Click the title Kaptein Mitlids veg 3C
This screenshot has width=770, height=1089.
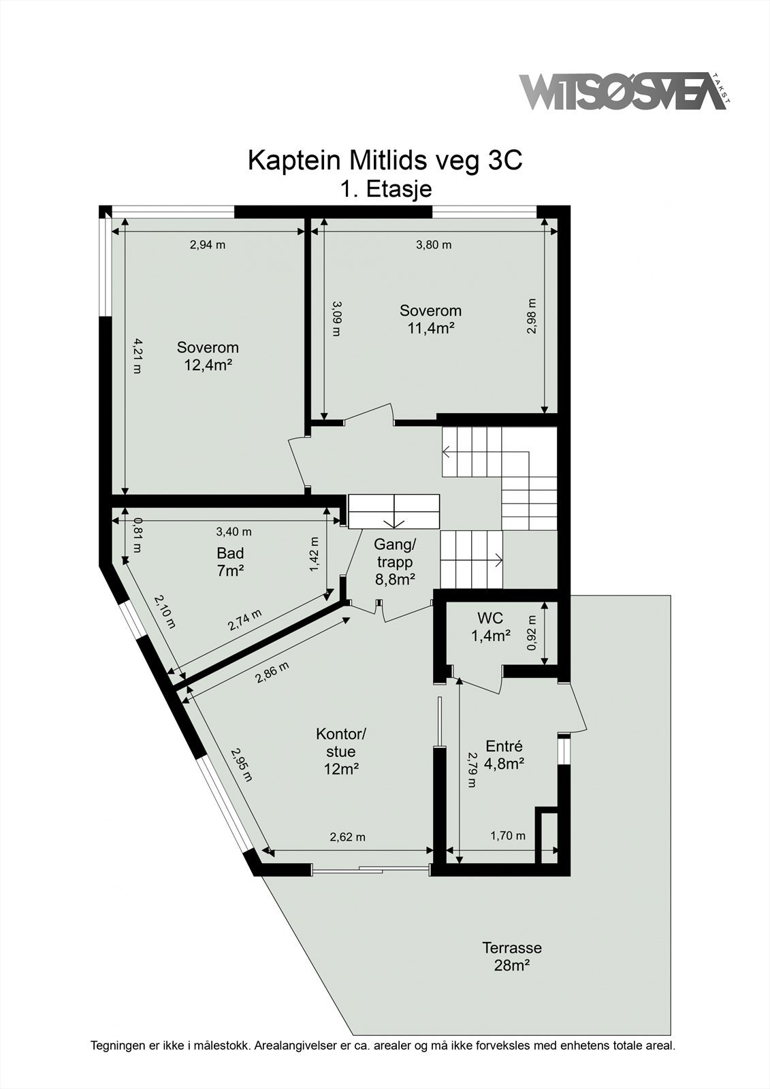coord(385,161)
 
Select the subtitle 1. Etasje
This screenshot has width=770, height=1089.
coord(385,189)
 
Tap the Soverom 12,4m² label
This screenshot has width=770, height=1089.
coord(208,356)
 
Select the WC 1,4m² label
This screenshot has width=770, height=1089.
coord(490,627)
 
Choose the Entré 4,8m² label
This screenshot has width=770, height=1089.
coord(504,754)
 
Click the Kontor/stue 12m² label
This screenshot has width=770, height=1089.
coord(341,751)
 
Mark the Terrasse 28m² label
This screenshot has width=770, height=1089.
coord(512,956)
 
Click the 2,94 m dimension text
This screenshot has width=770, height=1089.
coord(207,245)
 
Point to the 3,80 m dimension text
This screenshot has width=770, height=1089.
coord(434,245)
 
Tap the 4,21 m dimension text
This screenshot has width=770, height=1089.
coord(137,356)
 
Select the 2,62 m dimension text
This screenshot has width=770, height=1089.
coord(347,837)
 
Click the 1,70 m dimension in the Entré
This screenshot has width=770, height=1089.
coord(508,836)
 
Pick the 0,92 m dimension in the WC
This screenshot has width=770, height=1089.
coord(532,633)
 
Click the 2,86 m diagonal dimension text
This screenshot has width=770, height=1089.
coord(272,672)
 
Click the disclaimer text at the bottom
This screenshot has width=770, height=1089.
coord(383,1045)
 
